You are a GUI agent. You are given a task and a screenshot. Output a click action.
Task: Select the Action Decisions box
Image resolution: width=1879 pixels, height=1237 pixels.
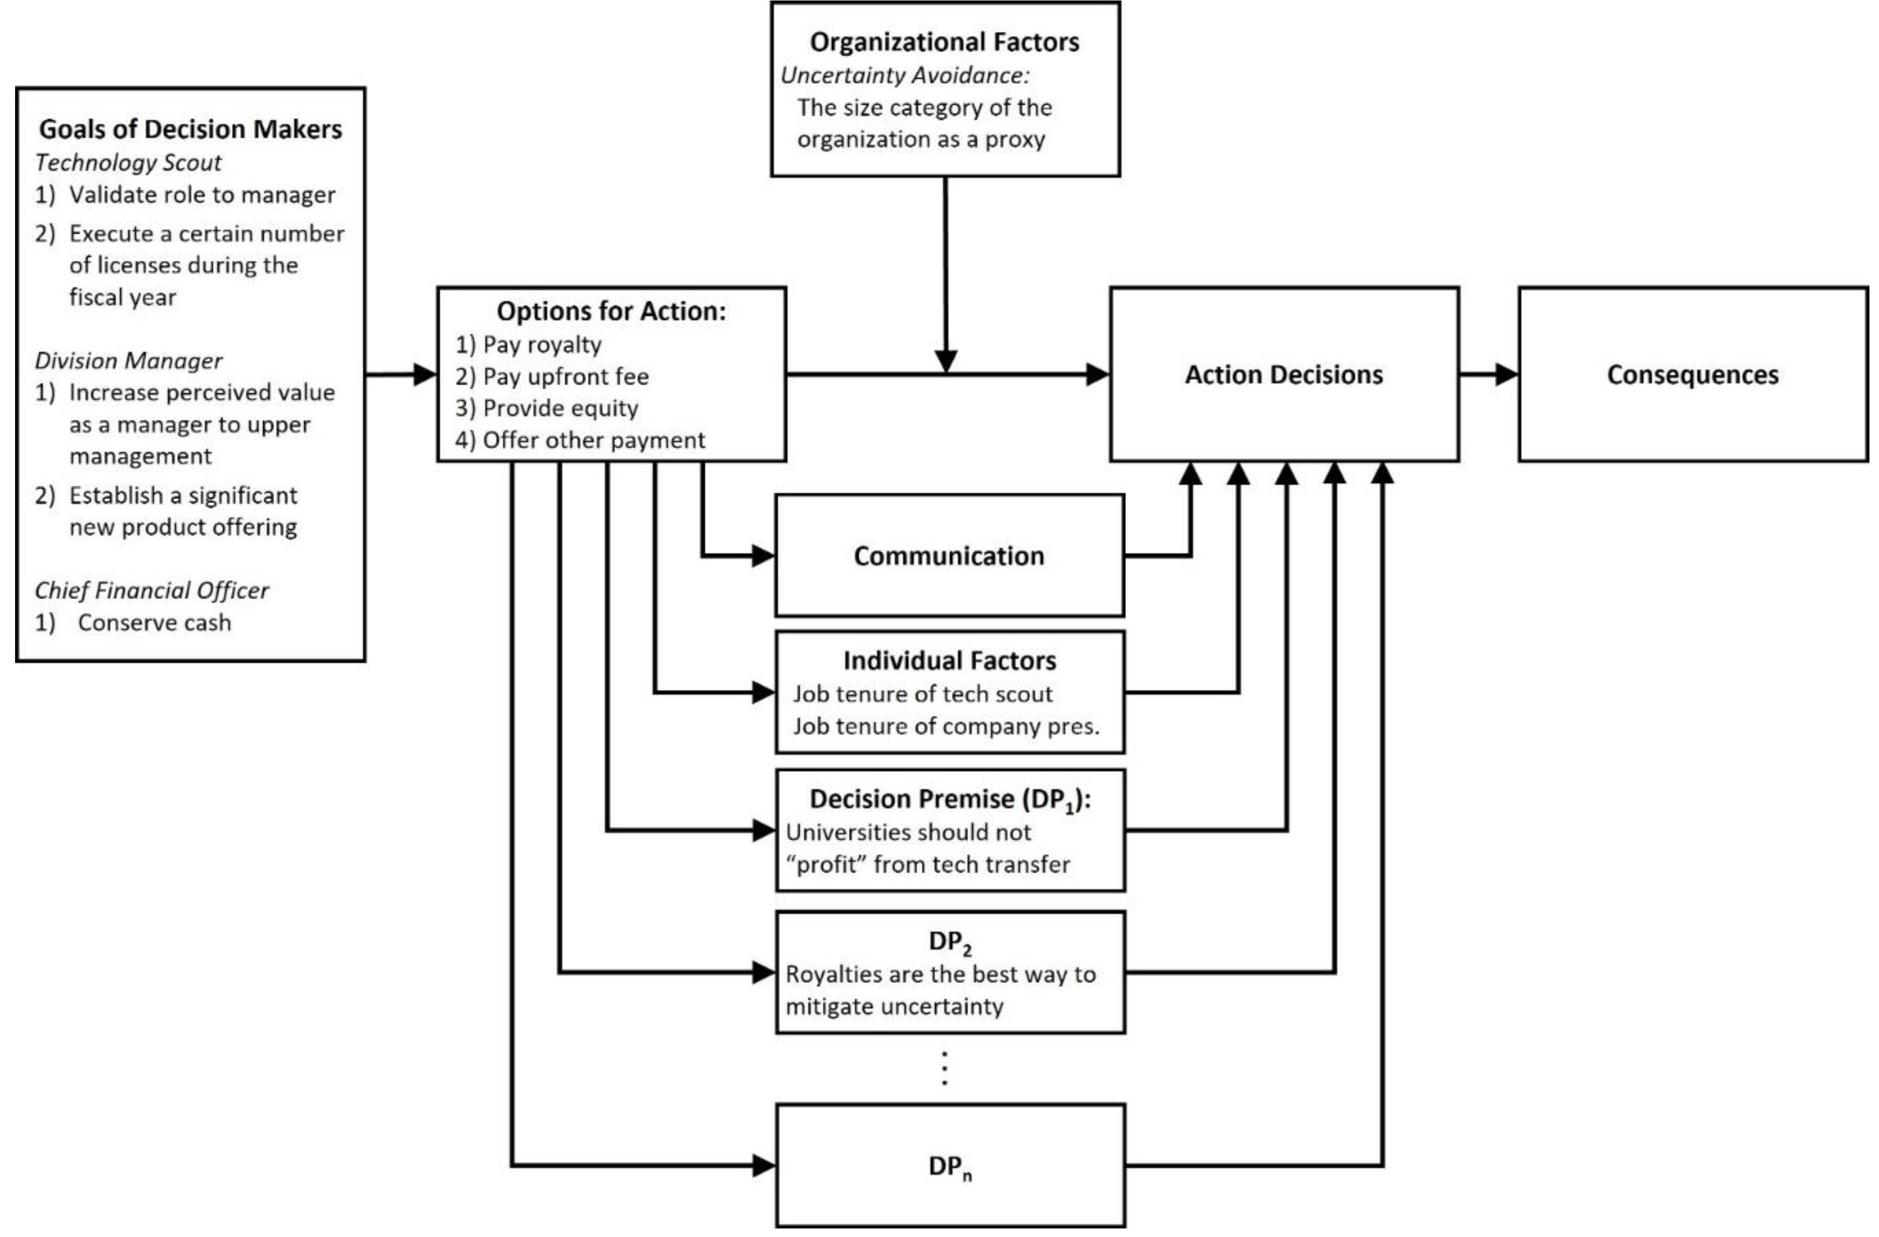[x=1284, y=374]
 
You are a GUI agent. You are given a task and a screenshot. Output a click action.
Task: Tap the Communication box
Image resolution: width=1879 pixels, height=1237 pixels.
[x=949, y=556]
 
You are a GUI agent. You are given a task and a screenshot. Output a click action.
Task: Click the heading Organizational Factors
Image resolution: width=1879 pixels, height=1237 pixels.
[x=944, y=42]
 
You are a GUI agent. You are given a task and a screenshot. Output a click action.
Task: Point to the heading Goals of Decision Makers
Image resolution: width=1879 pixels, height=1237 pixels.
[x=190, y=129]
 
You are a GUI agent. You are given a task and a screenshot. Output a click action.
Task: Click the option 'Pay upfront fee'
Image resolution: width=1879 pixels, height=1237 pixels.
[x=565, y=377]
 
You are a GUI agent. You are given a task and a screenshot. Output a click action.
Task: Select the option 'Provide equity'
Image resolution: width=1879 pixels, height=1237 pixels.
[x=560, y=408]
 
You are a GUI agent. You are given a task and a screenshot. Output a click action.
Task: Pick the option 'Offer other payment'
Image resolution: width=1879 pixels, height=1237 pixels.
[x=593, y=440]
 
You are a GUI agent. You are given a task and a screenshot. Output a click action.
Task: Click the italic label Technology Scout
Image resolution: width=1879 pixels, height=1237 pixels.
[x=128, y=162]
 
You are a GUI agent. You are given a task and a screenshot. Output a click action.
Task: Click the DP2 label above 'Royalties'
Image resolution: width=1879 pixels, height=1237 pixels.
[x=950, y=942]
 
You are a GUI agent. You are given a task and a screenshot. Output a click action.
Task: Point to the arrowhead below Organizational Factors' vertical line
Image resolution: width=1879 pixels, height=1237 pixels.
[x=945, y=362]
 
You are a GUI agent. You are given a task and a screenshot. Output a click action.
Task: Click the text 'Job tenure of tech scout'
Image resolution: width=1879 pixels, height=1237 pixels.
[x=922, y=694]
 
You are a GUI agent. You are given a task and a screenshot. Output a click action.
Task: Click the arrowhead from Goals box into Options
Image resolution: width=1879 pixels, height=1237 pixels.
[x=425, y=374]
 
